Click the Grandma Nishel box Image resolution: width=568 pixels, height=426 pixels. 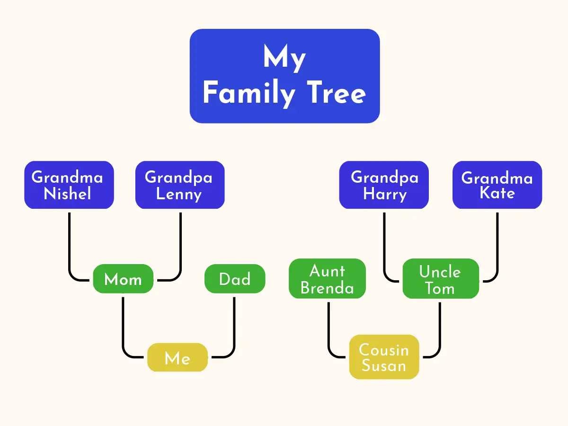69,185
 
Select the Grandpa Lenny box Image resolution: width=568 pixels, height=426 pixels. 180,185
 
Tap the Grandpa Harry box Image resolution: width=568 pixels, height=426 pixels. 384,185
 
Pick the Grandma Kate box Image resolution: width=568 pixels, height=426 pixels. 497,185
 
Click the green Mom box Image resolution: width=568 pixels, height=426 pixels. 123,279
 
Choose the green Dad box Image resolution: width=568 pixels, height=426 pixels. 235,279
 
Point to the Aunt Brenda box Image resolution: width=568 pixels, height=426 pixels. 328,278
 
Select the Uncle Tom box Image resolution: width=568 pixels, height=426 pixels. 441,278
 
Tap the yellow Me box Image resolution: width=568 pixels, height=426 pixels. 177,357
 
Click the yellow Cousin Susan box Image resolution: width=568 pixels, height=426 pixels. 384,357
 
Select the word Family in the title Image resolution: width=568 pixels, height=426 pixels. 249,93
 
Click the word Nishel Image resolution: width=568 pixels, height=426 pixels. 67,193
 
